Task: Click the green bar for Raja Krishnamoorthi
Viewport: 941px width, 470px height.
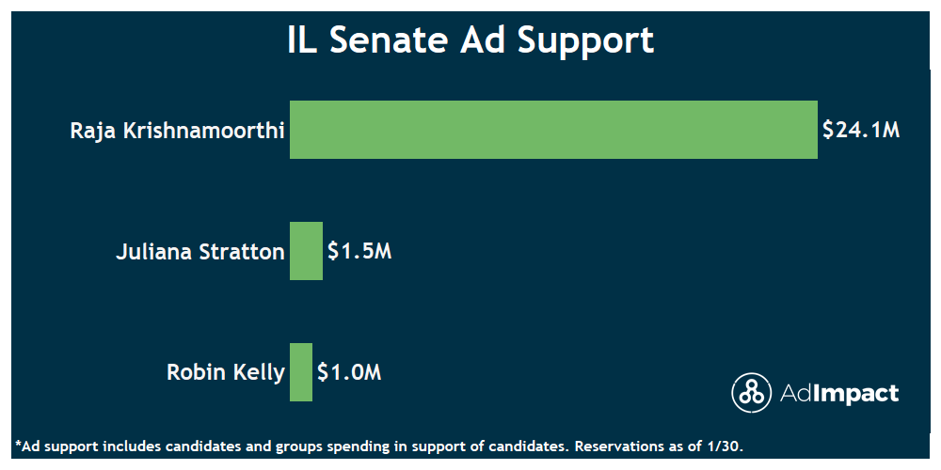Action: point(553,129)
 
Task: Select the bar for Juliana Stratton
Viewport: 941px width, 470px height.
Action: point(306,251)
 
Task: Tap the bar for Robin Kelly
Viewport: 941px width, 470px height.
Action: point(301,372)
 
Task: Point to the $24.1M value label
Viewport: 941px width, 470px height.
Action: point(861,130)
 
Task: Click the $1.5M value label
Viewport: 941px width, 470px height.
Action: point(359,252)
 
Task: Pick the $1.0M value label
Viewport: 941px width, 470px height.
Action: point(349,372)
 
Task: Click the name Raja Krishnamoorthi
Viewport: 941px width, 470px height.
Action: point(177,130)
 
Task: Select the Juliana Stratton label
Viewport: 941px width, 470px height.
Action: point(199,252)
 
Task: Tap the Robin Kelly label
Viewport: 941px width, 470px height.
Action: point(225,372)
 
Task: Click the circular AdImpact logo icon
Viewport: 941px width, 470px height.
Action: point(751,393)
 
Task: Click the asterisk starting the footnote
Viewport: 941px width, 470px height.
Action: point(18,443)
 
